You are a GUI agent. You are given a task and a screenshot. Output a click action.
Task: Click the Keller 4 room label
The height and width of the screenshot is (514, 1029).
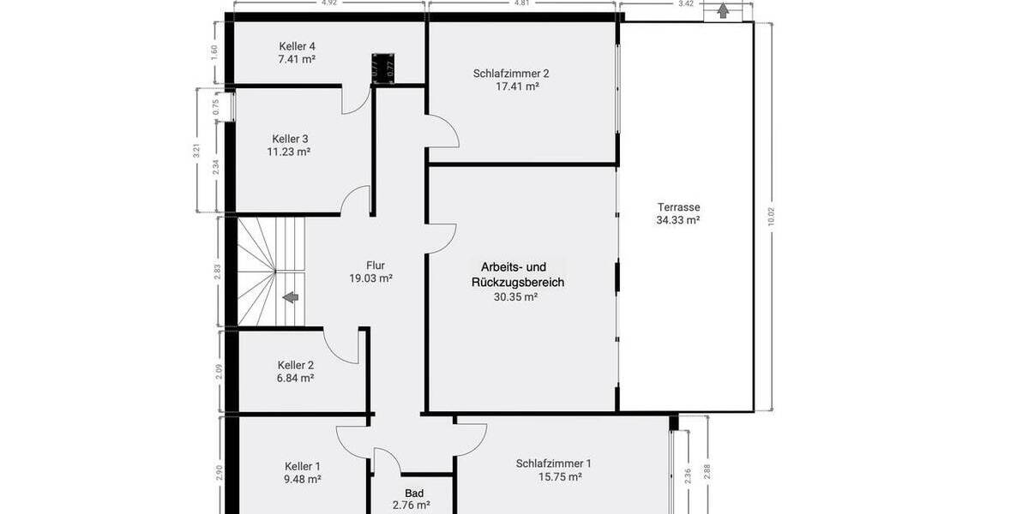coord(298,46)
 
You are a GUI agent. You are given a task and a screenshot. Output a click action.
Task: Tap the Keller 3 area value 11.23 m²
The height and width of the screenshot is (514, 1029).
coord(289,152)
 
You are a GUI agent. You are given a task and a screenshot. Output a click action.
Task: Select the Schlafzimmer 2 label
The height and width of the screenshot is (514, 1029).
coord(511,74)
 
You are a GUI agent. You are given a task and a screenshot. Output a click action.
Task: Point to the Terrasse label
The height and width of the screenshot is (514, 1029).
coord(678,207)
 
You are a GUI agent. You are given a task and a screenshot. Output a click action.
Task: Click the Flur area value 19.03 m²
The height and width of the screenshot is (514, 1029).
coord(370,278)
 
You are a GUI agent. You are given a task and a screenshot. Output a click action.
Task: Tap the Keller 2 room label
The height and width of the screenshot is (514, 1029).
coord(295,365)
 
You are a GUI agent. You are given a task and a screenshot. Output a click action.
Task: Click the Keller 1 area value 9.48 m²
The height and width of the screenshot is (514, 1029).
coord(302,480)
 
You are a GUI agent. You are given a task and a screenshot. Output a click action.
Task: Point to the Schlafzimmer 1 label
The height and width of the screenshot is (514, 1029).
coord(553,464)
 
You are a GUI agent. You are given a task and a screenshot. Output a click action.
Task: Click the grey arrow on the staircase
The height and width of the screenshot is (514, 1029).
coord(291,297)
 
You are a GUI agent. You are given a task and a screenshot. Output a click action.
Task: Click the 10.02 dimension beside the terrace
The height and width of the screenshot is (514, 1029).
coord(772,217)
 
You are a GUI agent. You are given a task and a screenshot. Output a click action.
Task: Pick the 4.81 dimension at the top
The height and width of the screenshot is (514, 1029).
coord(521,3)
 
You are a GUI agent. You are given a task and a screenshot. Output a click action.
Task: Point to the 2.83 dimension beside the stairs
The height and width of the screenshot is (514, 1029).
coord(219,272)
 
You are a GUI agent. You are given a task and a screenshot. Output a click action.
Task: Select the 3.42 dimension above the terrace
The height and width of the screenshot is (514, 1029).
coord(686,3)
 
